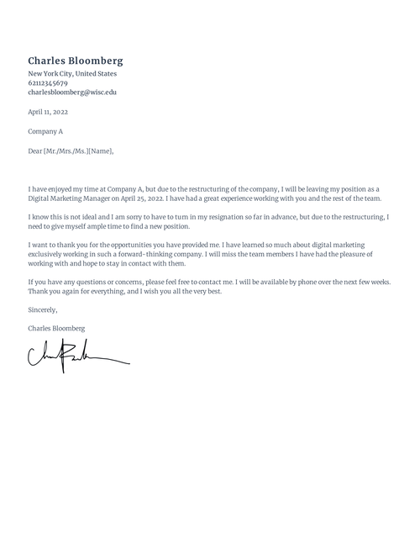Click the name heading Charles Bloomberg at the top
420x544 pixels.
76,61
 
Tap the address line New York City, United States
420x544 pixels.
72,74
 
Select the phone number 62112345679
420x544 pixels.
48,83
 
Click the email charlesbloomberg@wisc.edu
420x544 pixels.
72,92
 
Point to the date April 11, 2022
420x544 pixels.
48,112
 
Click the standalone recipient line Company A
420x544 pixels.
45,131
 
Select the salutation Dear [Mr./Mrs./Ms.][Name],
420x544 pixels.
71,151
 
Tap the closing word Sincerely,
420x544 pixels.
43,309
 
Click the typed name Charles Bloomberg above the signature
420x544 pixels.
56,328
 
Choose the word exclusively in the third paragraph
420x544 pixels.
48,252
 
